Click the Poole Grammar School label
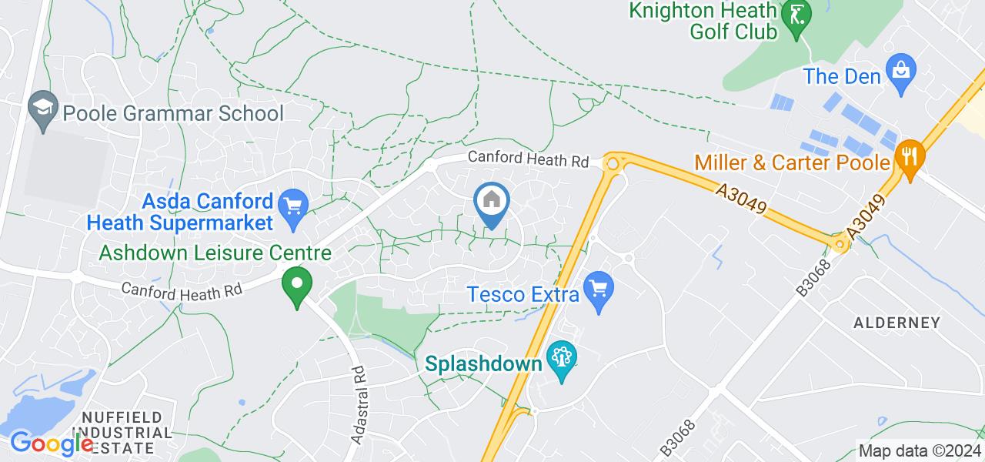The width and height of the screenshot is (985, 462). coord(173,114)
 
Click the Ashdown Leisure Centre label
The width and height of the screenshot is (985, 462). coord(215,253)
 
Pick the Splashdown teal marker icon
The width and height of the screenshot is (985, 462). coord(561,357)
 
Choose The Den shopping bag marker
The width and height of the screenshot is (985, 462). coord(899,70)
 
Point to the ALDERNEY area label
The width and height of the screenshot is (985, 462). coord(897,323)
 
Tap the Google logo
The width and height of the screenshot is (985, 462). coord(52,444)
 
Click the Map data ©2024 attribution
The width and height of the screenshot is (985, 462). coord(920,451)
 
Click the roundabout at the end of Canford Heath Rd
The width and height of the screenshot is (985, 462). coord(613,163)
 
